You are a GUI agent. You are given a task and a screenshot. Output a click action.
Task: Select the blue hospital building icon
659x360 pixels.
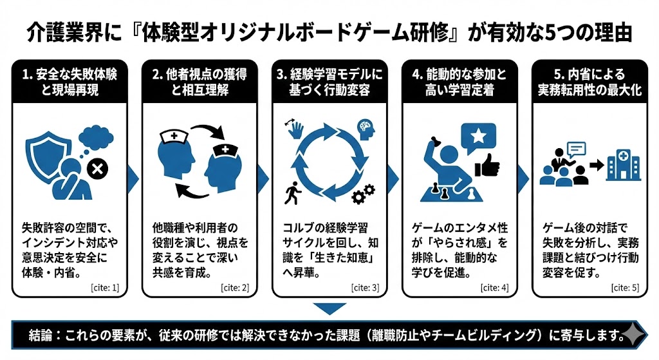(622, 164)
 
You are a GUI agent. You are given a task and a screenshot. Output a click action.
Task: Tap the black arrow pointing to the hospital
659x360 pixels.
(597, 165)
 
